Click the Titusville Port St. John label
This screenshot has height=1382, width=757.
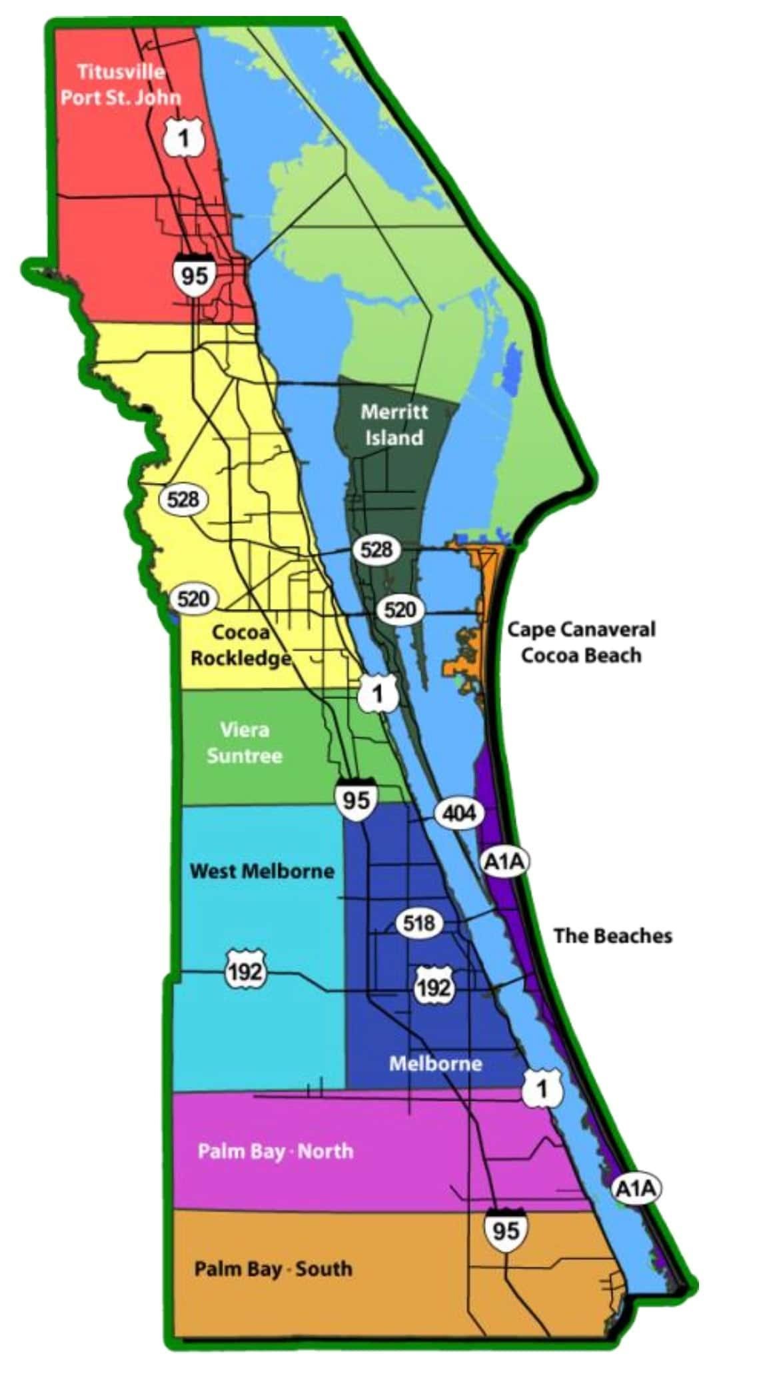[121, 84]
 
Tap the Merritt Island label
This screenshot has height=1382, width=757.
[393, 424]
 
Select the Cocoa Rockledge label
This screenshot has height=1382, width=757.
[241, 644]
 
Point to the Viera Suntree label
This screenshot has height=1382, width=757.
[244, 743]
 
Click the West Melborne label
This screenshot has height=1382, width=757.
[262, 871]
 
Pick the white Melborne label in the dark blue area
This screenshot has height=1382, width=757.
[435, 1063]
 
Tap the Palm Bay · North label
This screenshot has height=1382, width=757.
[275, 1151]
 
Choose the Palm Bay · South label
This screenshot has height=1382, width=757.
[273, 1268]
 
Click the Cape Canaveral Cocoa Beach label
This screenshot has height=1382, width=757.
[581, 642]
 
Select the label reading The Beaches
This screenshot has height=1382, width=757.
[612, 936]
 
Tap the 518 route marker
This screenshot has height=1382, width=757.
[419, 923]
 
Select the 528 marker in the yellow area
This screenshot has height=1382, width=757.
[183, 498]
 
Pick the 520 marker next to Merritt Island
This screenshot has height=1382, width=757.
[400, 609]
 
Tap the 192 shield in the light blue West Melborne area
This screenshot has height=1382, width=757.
[246, 973]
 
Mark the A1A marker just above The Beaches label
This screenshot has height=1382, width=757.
[504, 862]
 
